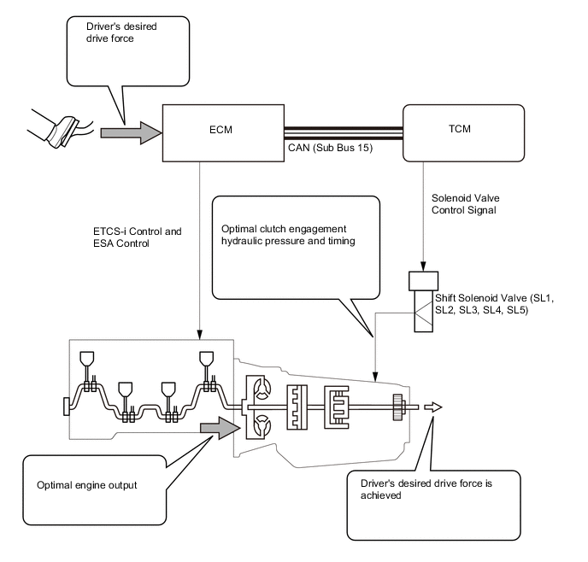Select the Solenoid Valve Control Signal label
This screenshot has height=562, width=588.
pos(464,204)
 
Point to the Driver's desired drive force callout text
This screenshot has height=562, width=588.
pos(121,32)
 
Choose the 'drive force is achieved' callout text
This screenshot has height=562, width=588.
pos(419,489)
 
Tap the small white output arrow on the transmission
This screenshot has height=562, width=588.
pos(434,407)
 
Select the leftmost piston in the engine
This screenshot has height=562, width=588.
pos(86,360)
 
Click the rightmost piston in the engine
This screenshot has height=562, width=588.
pos(205,360)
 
